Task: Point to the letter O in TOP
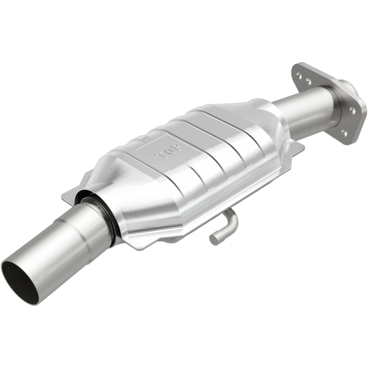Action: click(169, 150)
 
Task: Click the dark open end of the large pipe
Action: click(20, 280)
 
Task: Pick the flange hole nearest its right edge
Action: click(352, 110)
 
